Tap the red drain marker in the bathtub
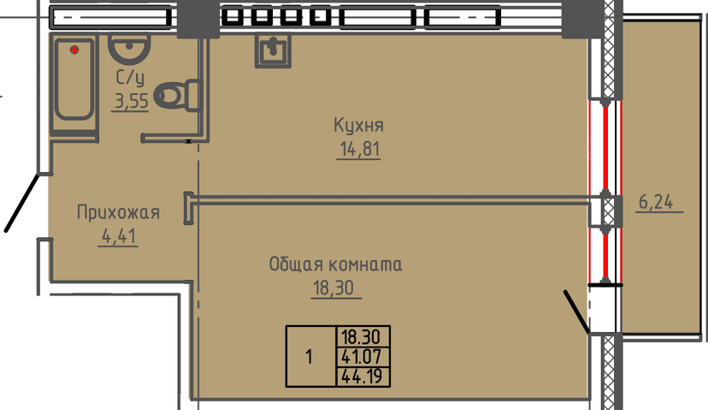click(x=75, y=49)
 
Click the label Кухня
click(x=358, y=126)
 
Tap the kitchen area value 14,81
click(x=358, y=150)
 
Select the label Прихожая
click(x=118, y=212)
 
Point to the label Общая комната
click(x=335, y=264)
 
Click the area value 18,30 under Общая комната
click(x=335, y=288)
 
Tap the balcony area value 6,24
click(x=656, y=203)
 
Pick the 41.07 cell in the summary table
click(x=364, y=354)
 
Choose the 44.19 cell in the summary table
click(x=364, y=373)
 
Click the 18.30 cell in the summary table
click(x=364, y=336)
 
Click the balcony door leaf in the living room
click(x=575, y=312)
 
